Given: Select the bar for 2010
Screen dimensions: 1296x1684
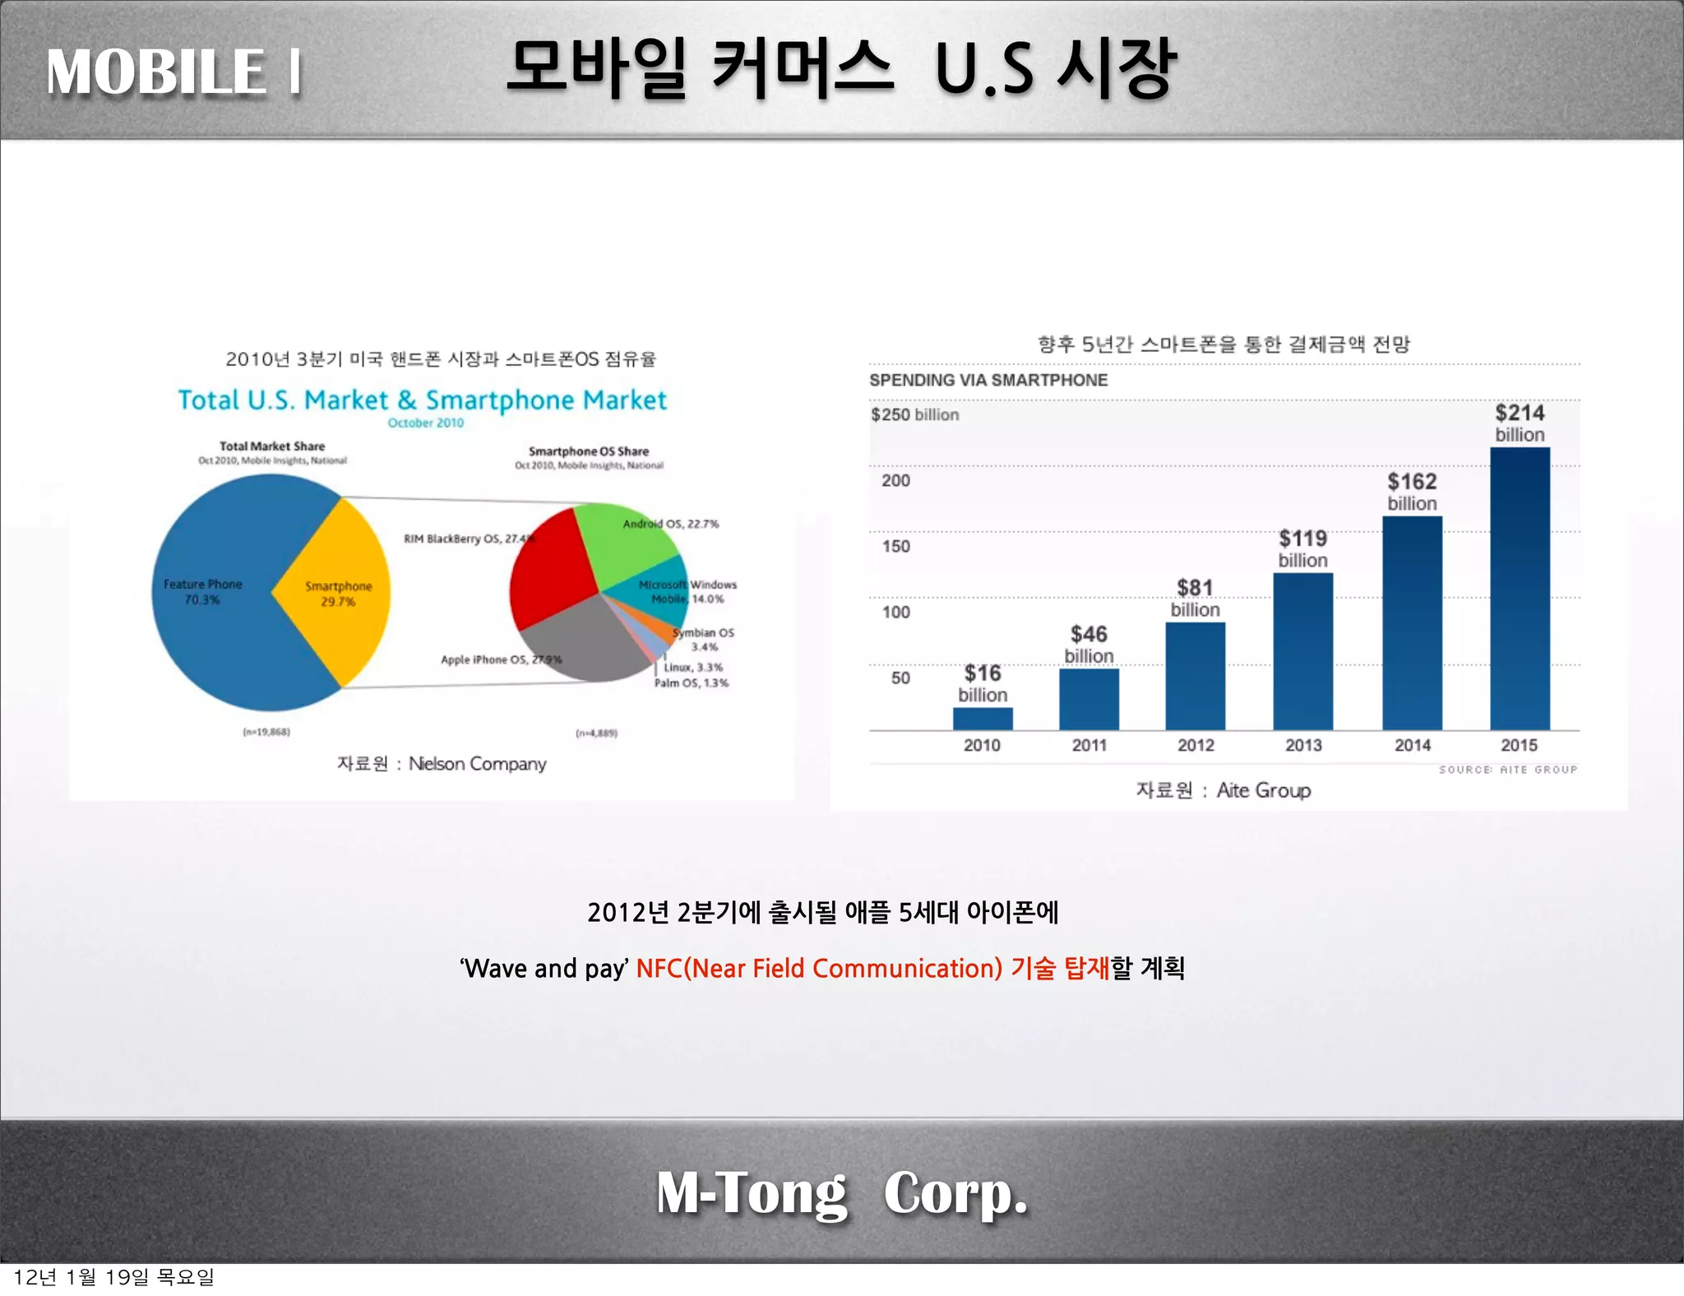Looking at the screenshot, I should [983, 718].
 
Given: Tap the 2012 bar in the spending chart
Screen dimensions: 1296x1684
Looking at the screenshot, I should [1195, 676].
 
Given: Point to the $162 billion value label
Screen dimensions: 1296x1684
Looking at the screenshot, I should [1412, 491].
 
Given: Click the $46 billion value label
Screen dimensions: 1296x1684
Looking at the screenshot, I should [1089, 644].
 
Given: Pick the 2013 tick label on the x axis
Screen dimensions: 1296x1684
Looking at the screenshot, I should [1303, 745].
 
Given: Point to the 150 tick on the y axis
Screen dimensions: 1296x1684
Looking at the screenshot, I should [895, 546].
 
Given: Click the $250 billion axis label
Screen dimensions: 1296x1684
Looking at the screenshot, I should [914, 414].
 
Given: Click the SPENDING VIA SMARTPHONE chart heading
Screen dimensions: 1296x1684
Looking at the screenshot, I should [988, 380].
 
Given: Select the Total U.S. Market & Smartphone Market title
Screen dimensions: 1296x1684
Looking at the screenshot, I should [422, 400].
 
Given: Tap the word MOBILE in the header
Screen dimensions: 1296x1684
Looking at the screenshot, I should [156, 72].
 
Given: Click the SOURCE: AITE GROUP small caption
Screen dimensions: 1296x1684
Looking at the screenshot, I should [1507, 770].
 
